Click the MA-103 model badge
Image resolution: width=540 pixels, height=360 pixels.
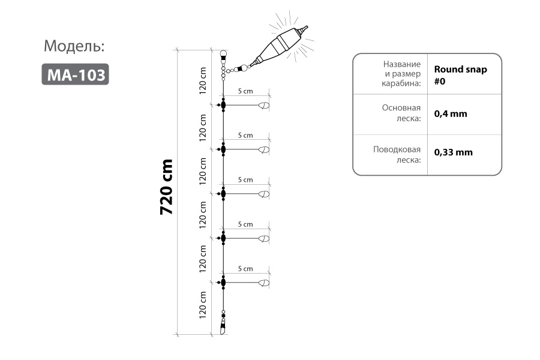pyautogui.click(x=75, y=74)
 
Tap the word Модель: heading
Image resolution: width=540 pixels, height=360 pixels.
pyautogui.click(x=74, y=46)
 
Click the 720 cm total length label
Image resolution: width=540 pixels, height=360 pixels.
pyautogui.click(x=166, y=187)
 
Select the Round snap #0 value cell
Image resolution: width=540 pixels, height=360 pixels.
pyautogui.click(x=460, y=75)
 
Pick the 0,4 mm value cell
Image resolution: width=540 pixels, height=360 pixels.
pyautogui.click(x=451, y=113)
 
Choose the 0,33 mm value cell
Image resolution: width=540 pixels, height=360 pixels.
pyautogui.click(x=453, y=152)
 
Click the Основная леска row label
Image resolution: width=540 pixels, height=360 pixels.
pyautogui.click(x=401, y=113)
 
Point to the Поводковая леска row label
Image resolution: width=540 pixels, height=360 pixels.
pyautogui.click(x=397, y=154)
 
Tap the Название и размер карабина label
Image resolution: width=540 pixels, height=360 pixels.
pyautogui.click(x=401, y=74)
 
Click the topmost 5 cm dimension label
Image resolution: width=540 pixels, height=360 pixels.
pyautogui.click(x=245, y=91)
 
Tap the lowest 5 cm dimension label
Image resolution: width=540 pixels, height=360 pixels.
pyautogui.click(x=245, y=269)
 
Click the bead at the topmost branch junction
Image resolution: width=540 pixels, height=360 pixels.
pyautogui.click(x=223, y=105)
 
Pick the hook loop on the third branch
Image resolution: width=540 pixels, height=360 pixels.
pyautogui.click(x=264, y=194)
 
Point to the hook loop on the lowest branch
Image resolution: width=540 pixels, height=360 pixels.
pyautogui.click(x=264, y=283)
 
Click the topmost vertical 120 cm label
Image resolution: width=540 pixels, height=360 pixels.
pyautogui.click(x=203, y=81)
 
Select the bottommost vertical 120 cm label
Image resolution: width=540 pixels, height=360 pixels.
pyautogui.click(x=203, y=305)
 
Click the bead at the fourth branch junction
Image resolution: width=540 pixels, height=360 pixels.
pyautogui.click(x=223, y=238)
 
